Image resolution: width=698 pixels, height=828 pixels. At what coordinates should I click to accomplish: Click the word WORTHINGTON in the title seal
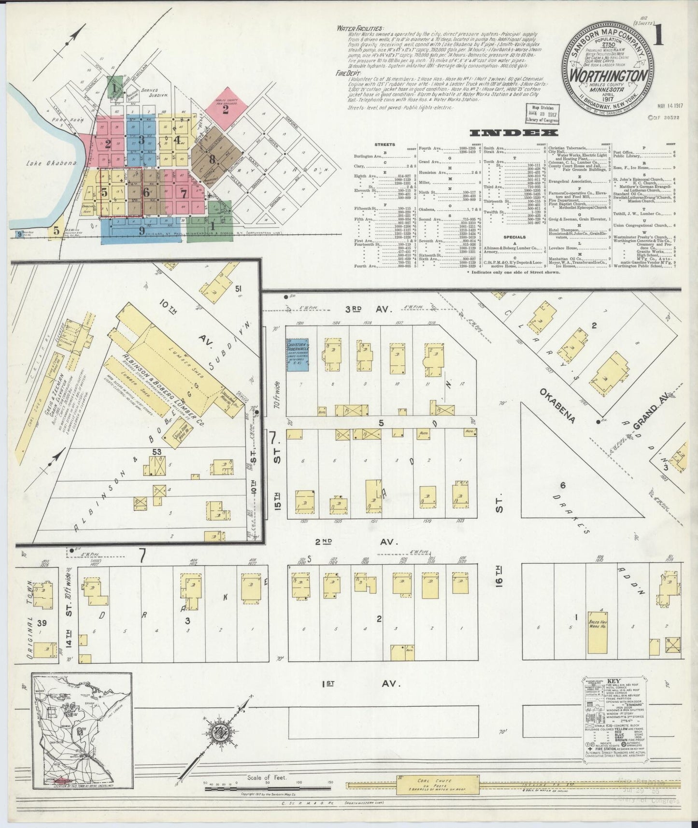pyautogui.click(x=609, y=76)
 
